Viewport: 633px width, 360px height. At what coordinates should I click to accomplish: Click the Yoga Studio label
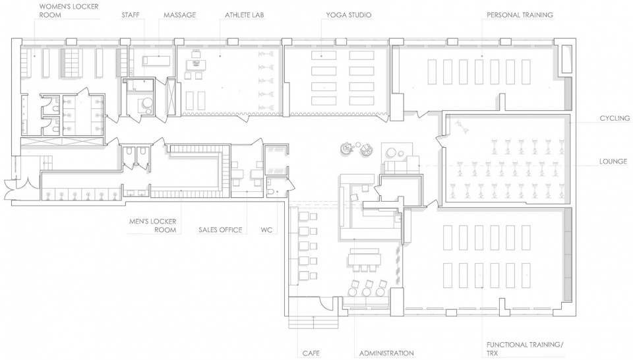(348, 15)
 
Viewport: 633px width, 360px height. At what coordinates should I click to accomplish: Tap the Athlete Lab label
(244, 15)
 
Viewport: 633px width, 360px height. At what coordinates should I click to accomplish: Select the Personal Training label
(520, 15)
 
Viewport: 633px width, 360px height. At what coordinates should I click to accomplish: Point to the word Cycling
(615, 118)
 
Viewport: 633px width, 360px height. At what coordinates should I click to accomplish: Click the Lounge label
(613, 162)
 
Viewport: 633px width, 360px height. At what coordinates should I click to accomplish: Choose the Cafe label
(311, 353)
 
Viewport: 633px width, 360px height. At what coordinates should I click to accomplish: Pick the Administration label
(386, 353)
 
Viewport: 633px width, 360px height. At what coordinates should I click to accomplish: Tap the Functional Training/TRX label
(524, 349)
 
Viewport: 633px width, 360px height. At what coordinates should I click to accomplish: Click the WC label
(266, 230)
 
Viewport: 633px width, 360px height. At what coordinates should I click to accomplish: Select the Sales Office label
(220, 230)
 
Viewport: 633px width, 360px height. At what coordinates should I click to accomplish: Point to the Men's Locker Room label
(152, 225)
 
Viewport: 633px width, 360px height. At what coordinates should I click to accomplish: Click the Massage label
(179, 15)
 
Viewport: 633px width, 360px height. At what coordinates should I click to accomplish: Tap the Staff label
(131, 15)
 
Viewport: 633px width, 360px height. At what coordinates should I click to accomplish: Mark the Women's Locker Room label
(69, 11)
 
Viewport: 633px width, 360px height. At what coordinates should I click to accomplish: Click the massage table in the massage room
(156, 61)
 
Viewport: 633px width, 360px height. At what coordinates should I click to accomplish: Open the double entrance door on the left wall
(17, 188)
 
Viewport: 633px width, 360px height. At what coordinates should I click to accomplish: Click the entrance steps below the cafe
(314, 322)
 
